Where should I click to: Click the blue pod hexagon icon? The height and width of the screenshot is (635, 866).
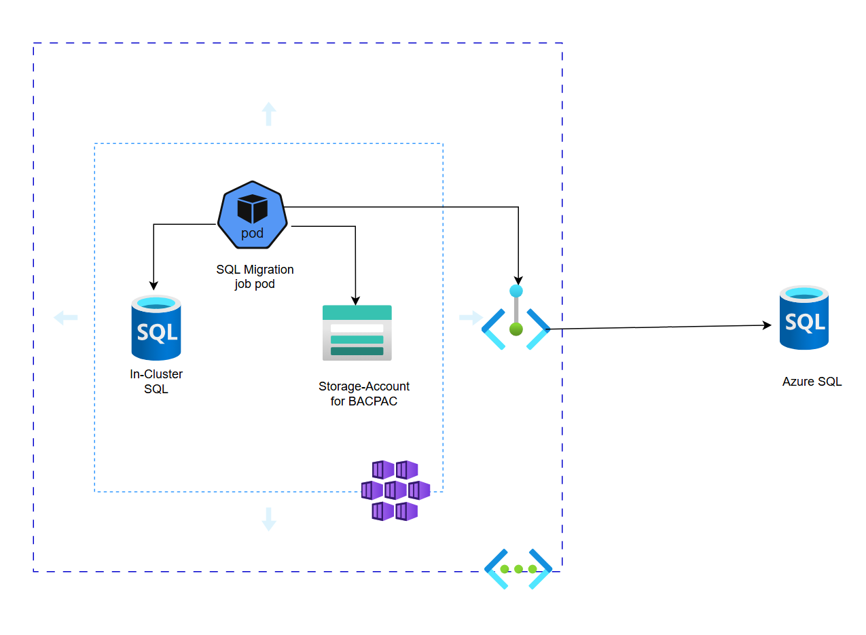pos(253,215)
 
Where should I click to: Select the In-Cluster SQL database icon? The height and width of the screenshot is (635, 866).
pos(156,328)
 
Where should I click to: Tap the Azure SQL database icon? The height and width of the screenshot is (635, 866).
pos(804,319)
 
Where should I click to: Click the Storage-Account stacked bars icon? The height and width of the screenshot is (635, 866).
pos(357,332)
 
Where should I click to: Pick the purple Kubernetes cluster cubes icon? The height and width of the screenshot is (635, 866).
pos(395,490)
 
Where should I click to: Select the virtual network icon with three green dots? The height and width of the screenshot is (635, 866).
pos(518,569)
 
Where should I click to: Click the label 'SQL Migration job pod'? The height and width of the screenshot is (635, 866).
pos(255,277)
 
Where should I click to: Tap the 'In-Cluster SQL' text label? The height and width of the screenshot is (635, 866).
pos(156,382)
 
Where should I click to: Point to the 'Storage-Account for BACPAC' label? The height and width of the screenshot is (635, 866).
pos(363,394)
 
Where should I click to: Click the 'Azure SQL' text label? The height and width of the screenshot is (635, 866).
pos(812,382)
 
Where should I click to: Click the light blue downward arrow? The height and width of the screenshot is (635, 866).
pos(269,519)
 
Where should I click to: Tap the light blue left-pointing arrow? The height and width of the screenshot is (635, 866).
pos(66,317)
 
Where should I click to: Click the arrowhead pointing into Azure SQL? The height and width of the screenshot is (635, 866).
pos(768,325)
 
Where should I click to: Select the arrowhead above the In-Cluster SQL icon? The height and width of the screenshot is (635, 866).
pos(154,285)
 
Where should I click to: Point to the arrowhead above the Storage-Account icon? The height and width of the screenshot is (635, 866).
pos(355,299)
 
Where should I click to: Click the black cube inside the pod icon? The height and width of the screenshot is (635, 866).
pos(253,208)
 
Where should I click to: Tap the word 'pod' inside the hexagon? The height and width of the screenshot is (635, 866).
pos(253,234)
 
